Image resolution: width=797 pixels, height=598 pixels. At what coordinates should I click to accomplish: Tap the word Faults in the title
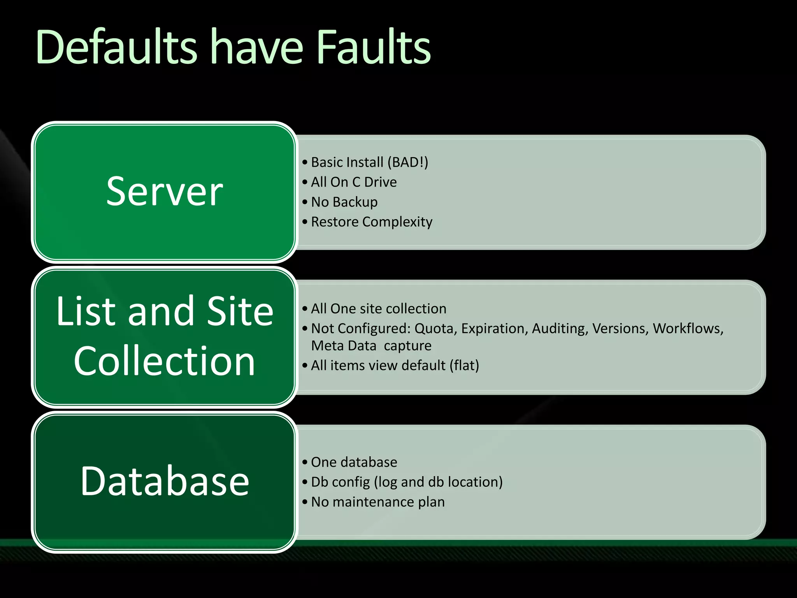[x=374, y=47]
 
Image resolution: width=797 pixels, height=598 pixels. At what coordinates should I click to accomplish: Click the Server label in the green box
[x=165, y=191]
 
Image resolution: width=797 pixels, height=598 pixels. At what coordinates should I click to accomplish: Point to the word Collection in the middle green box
[x=165, y=361]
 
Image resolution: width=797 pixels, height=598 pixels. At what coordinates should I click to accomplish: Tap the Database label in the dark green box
[x=165, y=481]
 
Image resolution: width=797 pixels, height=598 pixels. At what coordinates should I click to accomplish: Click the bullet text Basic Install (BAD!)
[x=369, y=162]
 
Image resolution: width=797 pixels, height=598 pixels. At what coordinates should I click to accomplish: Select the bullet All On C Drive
[x=354, y=182]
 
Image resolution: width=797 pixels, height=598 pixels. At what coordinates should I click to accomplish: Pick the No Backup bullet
[x=344, y=202]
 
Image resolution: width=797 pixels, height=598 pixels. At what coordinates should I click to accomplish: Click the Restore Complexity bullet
[x=372, y=222]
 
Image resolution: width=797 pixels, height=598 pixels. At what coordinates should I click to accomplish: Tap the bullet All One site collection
[x=378, y=309]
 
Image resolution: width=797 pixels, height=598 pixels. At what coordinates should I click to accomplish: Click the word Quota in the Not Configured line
[x=436, y=329]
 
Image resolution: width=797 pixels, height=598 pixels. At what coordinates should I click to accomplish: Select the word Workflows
[x=688, y=329]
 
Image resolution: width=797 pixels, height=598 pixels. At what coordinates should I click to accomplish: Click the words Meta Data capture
[x=371, y=346]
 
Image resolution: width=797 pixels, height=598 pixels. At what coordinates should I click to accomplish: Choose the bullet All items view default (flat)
[x=395, y=366]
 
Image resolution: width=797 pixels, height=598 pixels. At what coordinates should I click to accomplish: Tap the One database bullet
[x=354, y=462]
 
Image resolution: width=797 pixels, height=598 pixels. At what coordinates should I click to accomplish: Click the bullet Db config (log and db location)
[x=407, y=482]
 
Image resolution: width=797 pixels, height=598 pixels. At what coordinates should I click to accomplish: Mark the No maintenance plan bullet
[x=377, y=502]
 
